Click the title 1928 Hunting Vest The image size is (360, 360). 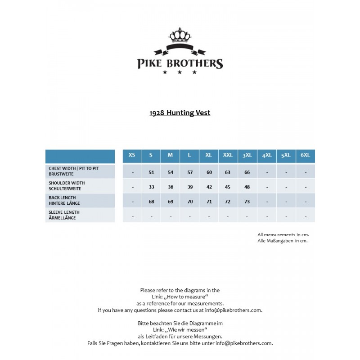coord(180,113)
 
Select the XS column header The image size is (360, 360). coord(132,155)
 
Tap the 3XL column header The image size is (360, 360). coord(247,155)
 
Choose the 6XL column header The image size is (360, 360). coord(305,155)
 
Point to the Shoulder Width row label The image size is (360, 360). coord(67,185)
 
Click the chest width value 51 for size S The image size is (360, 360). coord(151,172)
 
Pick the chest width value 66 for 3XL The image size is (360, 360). coord(247,172)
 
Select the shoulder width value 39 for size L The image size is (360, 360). coord(190,187)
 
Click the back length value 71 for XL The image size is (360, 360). coord(209,202)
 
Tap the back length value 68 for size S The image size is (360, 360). coord(151,202)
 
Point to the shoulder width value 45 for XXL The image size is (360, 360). coord(228,187)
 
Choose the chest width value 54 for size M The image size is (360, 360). coord(171,172)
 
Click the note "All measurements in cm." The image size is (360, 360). coord(283,234)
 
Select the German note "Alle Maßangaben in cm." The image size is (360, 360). coord(282,241)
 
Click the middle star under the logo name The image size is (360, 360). coord(180,72)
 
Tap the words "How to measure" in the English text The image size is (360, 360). coord(183,297)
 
